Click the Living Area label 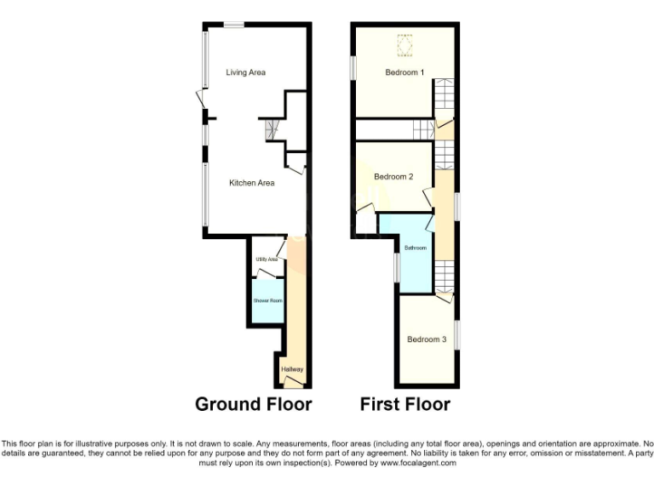[245, 72]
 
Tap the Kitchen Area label [251, 182]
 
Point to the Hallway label [292, 369]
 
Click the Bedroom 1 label [404, 72]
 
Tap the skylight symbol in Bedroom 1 [404, 43]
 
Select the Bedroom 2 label [393, 177]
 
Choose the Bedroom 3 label [426, 339]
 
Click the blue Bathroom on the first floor [415, 248]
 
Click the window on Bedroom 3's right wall [457, 333]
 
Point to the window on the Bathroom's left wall [396, 266]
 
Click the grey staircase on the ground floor [271, 130]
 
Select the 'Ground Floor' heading [253, 404]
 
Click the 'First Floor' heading [405, 404]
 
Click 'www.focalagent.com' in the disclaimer [417, 464]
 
